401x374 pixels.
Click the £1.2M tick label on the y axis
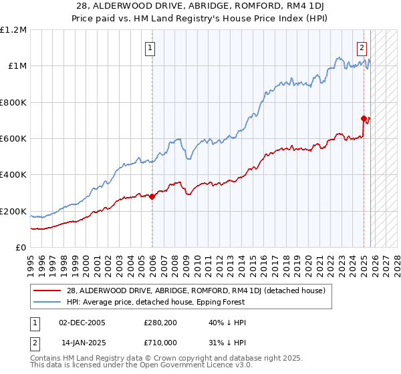(x=13, y=30)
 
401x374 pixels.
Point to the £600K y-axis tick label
(x=13, y=139)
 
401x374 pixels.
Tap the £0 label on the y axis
(x=21, y=248)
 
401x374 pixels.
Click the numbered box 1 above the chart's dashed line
(x=150, y=48)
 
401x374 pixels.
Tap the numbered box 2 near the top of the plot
(x=362, y=47)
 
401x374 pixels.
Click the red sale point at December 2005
(x=152, y=196)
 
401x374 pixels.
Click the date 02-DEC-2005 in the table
(x=82, y=322)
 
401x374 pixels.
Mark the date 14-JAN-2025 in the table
(x=82, y=342)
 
